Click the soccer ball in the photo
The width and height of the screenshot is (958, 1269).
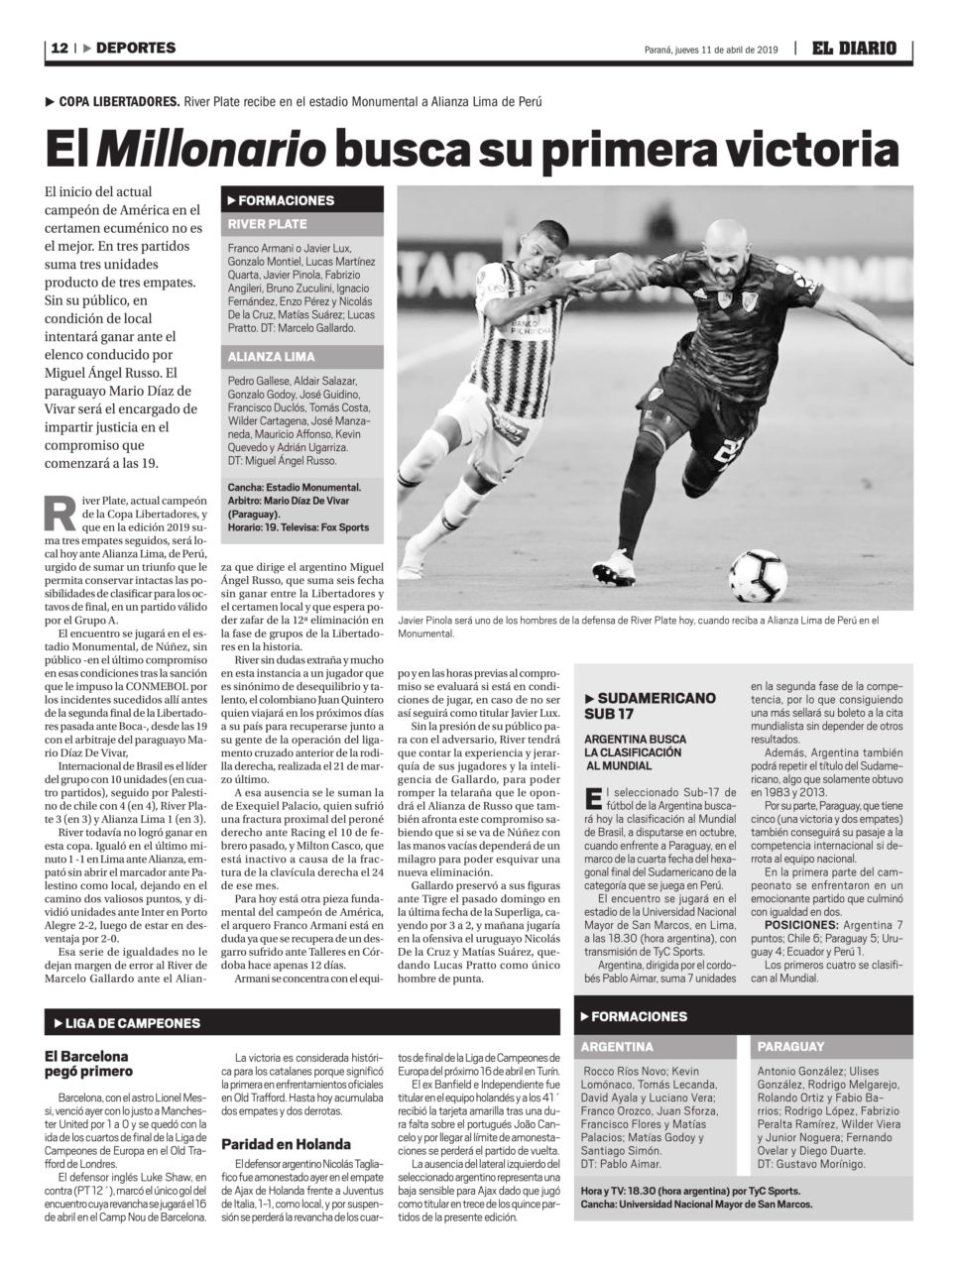tap(758, 576)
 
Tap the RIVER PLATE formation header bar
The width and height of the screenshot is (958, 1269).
tap(301, 224)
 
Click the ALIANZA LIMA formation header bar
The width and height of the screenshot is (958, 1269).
tap(301, 357)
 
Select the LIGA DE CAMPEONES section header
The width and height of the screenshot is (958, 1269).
tap(133, 1022)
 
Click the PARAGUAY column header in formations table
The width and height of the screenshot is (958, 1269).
tap(791, 1046)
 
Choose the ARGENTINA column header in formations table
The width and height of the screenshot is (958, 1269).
tap(617, 1046)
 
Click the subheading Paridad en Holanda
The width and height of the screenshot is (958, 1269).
tap(286, 1143)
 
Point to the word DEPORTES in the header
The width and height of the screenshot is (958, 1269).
tap(136, 48)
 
